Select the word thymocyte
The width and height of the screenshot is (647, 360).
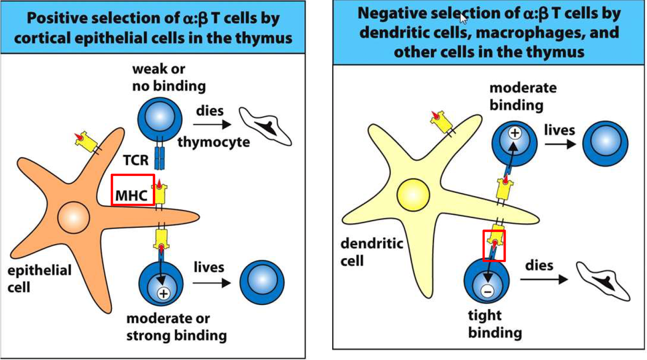[214, 142]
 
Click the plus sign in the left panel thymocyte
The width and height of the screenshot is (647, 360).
[163, 292]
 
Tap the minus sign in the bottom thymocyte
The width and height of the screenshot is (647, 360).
[488, 291]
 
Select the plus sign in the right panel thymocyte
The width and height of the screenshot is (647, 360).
[514, 134]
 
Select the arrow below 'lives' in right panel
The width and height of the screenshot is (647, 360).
[559, 144]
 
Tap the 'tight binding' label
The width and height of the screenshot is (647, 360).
[487, 325]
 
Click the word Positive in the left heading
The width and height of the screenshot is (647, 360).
[50, 19]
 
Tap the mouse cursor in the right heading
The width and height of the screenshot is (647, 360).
[463, 18]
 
